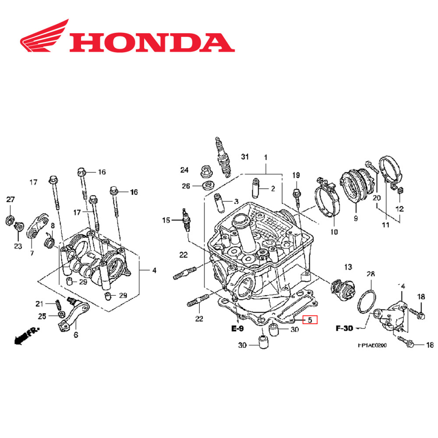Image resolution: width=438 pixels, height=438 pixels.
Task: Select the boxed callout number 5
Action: (x=310, y=320)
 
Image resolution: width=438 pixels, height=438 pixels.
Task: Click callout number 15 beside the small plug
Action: (x=166, y=220)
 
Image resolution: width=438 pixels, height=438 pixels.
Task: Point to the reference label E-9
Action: (x=238, y=328)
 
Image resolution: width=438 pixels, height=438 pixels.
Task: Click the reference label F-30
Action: (x=345, y=328)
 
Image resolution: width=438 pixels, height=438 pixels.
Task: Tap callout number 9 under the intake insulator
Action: (x=356, y=218)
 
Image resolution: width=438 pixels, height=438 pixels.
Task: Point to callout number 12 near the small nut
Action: (x=399, y=209)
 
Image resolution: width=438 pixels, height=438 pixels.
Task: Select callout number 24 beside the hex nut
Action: (x=184, y=170)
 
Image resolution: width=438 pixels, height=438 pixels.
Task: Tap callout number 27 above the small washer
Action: (x=10, y=200)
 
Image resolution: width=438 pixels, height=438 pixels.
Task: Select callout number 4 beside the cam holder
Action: (x=154, y=271)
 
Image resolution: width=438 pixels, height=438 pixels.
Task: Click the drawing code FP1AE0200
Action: (x=372, y=346)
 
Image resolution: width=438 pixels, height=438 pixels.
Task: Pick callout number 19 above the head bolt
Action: (x=296, y=175)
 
